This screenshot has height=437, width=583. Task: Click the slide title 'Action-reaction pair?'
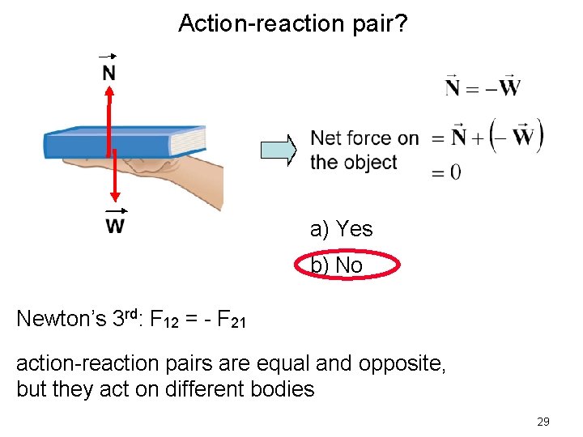point(293,23)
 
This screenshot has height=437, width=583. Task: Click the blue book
point(121,142)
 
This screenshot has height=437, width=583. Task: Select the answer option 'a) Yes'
point(341,230)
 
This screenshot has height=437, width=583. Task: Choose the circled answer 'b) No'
point(337,265)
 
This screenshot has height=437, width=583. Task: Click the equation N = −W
point(483,86)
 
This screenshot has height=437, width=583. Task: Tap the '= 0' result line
point(447,172)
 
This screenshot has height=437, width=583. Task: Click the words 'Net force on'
point(364,138)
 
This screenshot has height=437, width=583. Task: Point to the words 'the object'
point(353,162)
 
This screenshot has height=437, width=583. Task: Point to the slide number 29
point(543,422)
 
